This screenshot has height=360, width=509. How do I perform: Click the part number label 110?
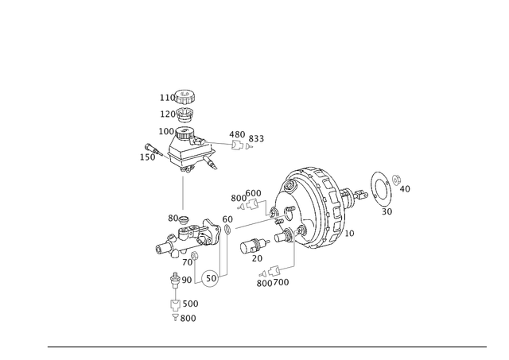[x=167, y=98]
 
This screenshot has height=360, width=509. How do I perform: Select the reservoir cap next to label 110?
[x=185, y=96]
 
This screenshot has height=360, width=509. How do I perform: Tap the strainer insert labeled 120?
[x=185, y=114]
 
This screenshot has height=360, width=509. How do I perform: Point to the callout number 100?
[x=166, y=131]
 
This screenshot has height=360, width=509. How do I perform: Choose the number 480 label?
[x=237, y=134]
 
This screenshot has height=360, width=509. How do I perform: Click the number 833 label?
[x=256, y=139]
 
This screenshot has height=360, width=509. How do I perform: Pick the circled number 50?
[x=211, y=278]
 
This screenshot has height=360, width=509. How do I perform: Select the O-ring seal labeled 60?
[x=228, y=230]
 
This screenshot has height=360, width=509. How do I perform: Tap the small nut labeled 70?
[x=194, y=256]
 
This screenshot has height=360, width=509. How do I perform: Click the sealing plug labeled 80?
[x=184, y=221]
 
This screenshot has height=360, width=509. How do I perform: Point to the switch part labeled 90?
[x=175, y=280]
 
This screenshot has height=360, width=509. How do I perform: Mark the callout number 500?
[x=191, y=304]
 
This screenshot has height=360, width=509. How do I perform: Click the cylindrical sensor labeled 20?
[x=254, y=246]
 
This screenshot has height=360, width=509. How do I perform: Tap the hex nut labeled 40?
[x=396, y=180]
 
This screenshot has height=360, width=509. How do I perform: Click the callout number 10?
[x=349, y=234]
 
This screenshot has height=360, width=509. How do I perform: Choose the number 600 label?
[x=253, y=193]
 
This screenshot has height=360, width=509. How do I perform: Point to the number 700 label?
[x=281, y=282]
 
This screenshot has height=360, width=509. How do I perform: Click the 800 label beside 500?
[x=188, y=319]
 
